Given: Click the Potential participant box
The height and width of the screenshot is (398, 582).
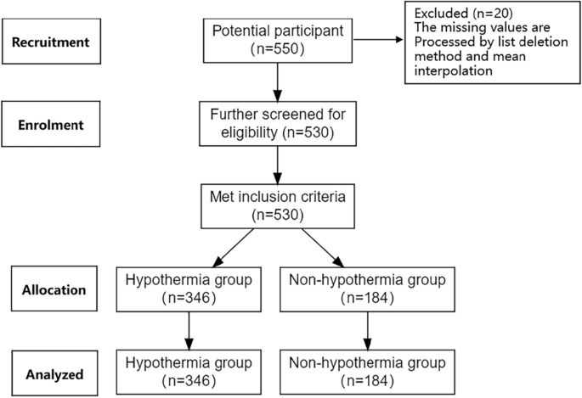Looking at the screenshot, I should [x=277, y=41].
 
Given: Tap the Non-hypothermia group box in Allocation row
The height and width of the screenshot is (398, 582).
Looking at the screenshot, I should [x=367, y=289].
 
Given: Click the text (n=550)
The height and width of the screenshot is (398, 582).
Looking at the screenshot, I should [x=277, y=49].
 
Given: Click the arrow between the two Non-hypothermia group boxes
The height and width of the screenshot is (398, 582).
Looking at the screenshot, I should [x=367, y=329].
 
